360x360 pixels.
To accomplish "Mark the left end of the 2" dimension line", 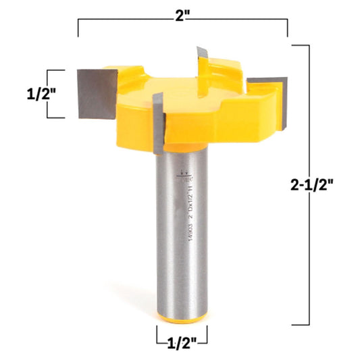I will pyautogui.click(x=79, y=27).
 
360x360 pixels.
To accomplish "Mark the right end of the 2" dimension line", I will pyautogui.click(x=288, y=27).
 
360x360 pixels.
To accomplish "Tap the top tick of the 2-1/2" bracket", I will pyautogui.click(x=301, y=45).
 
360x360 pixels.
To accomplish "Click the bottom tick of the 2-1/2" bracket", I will pyautogui.click(x=301, y=324).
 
